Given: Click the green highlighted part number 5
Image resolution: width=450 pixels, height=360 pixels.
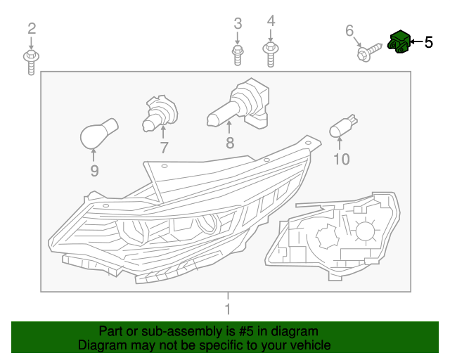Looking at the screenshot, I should click(399, 42).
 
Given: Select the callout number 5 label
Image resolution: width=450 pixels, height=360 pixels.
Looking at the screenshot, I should click(428, 42).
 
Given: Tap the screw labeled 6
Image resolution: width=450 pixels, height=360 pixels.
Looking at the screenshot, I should click(368, 50).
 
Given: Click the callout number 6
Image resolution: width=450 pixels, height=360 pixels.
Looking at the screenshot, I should click(349, 30).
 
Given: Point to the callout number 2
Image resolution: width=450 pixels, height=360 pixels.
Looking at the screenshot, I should click(31, 28).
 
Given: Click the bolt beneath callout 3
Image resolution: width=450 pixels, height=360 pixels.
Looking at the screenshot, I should click(238, 53).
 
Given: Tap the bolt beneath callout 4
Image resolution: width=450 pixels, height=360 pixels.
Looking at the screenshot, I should click(270, 53).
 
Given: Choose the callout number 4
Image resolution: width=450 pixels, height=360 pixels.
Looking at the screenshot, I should click(271, 21).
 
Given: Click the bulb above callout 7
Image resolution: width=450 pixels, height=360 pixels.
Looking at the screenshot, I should click(160, 113).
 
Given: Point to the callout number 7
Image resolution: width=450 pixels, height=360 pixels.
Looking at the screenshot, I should click(164, 148).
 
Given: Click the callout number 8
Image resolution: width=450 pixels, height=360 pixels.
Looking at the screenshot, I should click(229, 144).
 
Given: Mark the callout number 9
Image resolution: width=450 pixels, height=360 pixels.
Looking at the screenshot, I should click(94, 171).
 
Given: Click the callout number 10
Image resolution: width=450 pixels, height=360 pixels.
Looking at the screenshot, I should click(340, 160).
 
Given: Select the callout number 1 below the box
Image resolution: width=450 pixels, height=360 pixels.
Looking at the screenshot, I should click(227, 309).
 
